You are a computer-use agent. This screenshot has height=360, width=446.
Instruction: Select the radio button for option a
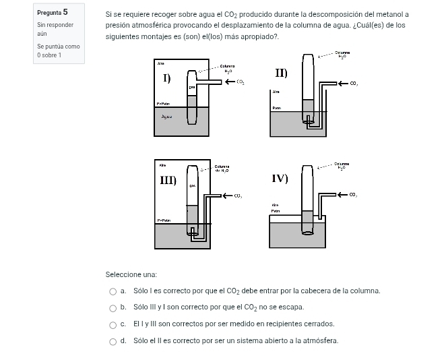(113, 291)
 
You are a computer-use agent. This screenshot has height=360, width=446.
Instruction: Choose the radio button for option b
(113, 307)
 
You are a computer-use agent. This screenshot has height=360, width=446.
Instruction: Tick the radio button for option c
(113, 324)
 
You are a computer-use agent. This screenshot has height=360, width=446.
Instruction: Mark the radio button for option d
(113, 340)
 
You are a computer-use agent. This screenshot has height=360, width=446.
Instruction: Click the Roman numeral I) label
(166, 78)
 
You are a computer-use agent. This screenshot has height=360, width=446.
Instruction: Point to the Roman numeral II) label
(281, 72)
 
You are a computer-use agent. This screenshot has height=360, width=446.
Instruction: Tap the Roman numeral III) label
(168, 180)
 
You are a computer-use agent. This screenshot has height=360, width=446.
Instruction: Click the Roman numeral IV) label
(280, 178)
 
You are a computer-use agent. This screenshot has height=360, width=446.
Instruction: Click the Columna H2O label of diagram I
(227, 68)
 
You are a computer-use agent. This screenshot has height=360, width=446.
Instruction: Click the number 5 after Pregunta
(65, 12)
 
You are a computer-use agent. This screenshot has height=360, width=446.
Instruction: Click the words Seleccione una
(131, 274)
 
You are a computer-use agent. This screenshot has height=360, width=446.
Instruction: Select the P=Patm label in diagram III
(163, 220)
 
